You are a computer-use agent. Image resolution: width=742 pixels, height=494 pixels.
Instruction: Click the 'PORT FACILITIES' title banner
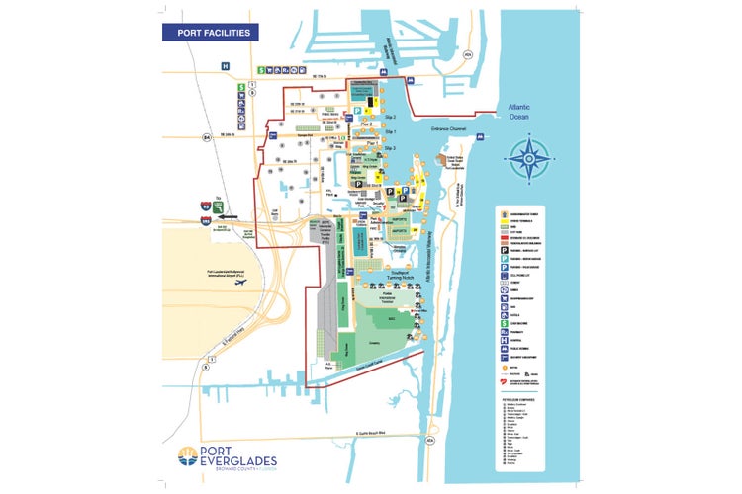[212, 33]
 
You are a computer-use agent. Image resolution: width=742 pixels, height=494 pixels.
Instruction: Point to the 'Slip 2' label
[390, 119]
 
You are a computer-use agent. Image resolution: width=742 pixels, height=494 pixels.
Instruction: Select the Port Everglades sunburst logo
[189, 457]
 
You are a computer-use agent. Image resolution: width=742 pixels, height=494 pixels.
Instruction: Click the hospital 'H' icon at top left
[226, 66]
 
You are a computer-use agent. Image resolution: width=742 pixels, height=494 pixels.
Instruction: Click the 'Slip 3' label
[390, 148]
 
